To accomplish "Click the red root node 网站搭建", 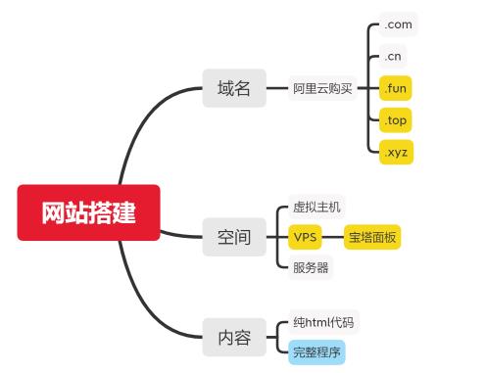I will [x=88, y=211].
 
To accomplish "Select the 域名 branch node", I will [x=234, y=89].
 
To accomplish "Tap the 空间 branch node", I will [x=234, y=237].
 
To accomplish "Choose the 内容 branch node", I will [x=234, y=339].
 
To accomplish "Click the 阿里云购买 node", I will [x=322, y=89].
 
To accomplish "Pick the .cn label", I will [x=394, y=57].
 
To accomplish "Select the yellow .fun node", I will [x=396, y=89].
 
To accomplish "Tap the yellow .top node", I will [x=396, y=121].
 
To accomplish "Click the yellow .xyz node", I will [x=397, y=154].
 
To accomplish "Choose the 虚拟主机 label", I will [x=316, y=208].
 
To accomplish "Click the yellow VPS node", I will [x=305, y=237].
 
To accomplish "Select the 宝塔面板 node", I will [x=372, y=237].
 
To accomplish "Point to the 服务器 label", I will [x=311, y=266].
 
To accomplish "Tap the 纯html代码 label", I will [x=323, y=322].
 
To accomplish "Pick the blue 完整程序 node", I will [x=317, y=351].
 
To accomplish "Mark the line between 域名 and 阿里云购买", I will [x=277, y=89].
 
